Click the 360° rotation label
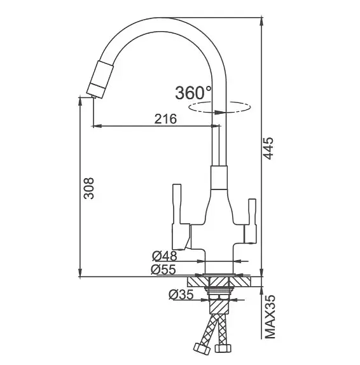[193, 93]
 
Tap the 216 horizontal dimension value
[165, 119]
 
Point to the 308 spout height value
[88, 188]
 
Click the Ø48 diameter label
[164, 256]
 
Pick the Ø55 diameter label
[163, 270]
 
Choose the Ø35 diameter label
[181, 295]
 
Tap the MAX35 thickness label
[270, 317]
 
